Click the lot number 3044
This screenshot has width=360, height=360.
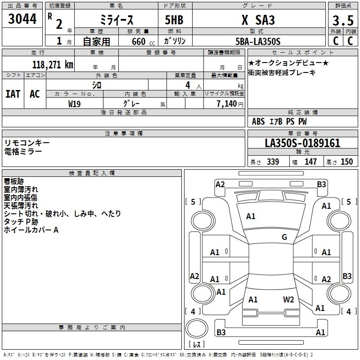point(22,19)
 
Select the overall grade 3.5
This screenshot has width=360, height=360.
point(343,21)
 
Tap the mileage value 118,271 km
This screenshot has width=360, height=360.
point(53,65)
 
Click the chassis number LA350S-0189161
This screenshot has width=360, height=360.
point(302,143)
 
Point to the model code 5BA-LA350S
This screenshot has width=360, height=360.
point(258,41)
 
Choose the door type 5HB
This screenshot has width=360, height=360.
point(174,20)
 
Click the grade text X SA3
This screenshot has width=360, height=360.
point(258,20)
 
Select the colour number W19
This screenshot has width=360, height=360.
point(74,104)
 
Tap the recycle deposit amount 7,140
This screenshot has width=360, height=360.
point(227,104)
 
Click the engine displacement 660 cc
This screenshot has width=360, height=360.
point(144,42)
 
